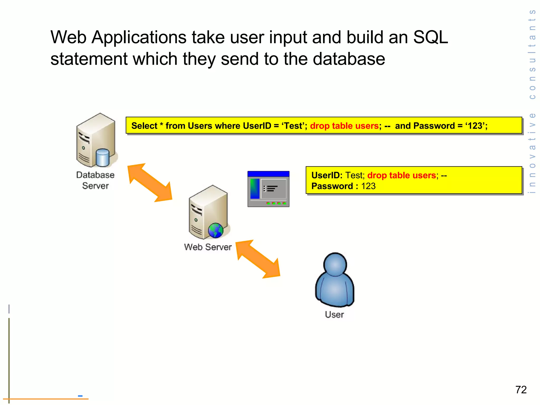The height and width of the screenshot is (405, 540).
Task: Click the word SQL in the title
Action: tap(430, 37)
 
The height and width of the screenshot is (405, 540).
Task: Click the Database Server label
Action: tap(95, 180)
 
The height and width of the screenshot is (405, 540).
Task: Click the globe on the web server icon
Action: tap(215, 230)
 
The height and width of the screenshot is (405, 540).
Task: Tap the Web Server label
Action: tap(208, 247)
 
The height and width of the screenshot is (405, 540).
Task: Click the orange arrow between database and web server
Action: tap(150, 183)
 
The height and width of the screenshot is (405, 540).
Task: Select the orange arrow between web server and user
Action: tap(258, 259)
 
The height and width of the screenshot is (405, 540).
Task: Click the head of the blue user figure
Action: tap(335, 264)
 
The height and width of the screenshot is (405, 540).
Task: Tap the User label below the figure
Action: tap(334, 315)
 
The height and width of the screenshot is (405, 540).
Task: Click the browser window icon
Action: tap(268, 189)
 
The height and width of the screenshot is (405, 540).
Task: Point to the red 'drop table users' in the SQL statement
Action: tap(344, 126)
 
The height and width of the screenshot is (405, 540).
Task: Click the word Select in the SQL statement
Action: tap(144, 126)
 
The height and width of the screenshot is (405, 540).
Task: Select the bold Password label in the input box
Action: tap(332, 186)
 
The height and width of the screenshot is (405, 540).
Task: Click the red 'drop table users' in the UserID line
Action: tap(401, 175)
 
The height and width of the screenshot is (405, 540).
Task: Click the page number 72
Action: tap(521, 390)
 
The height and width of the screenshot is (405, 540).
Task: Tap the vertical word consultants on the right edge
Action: tap(532, 54)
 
